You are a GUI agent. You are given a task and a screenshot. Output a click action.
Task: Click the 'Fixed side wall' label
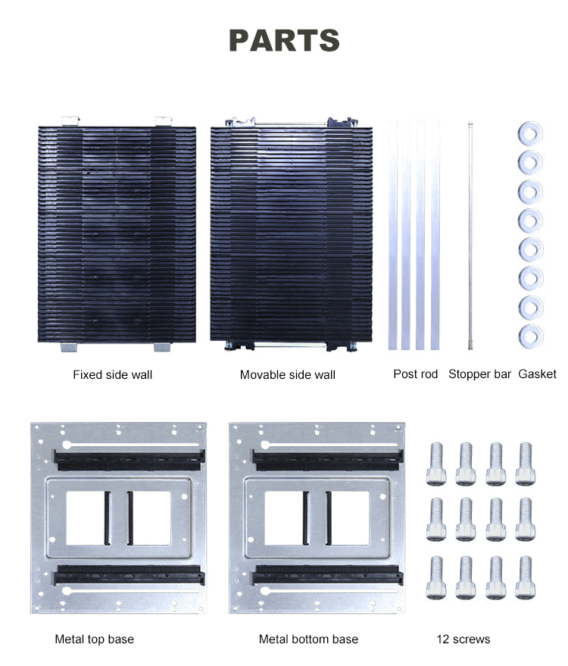112,374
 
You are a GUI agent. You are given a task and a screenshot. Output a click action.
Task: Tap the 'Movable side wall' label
288,374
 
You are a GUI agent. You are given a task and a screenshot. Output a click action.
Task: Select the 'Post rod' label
416,374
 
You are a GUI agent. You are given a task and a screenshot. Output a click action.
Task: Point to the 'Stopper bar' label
480,374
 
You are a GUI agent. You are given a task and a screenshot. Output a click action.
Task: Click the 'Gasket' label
538,374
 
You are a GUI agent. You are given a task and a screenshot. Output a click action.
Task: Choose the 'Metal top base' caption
94,639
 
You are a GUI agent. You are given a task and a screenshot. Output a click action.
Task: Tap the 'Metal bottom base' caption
308,639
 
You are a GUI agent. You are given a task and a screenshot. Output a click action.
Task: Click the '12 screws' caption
463,639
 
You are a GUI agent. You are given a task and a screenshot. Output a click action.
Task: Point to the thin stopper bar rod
470,235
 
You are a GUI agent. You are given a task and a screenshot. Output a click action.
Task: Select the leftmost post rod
392,235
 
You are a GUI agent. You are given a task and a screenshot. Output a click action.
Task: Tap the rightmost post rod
435,235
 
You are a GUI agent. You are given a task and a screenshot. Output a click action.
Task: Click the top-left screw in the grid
436,463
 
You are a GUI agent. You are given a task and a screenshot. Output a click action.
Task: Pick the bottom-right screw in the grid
525,577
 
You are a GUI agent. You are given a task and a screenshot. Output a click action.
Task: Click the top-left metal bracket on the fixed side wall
70,120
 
